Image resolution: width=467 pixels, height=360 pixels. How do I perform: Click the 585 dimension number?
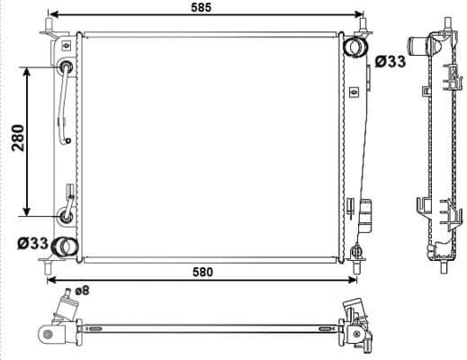pyautogui.click(x=201, y=7)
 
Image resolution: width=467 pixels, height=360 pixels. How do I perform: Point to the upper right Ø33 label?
pyautogui.click(x=389, y=61)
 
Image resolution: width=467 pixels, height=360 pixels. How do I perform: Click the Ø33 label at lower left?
pyautogui.click(x=32, y=242)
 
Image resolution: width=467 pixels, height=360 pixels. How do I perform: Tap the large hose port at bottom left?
pyautogui.click(x=65, y=246)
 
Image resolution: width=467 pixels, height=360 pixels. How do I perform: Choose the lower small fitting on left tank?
pyautogui.click(x=67, y=214)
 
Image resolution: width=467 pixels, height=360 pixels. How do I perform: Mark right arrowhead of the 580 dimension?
pyautogui.click(x=353, y=278)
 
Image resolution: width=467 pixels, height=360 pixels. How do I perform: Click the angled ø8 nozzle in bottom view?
pyautogui.click(x=66, y=305)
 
